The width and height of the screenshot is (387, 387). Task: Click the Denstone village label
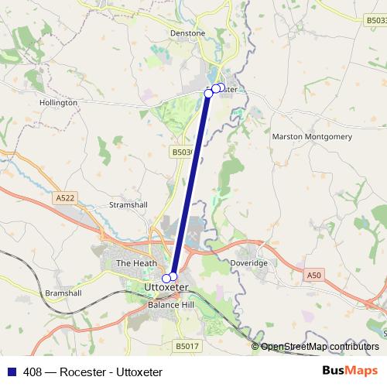[187, 34]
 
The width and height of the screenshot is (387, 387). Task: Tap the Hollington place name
[59, 102]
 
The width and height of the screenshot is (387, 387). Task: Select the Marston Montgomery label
[312, 136]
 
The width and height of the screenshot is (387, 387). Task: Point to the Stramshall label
[128, 205]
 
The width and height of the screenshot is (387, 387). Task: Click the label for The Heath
[130, 263]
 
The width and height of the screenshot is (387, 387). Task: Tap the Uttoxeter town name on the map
[166, 288]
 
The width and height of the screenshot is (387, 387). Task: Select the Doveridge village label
[249, 263]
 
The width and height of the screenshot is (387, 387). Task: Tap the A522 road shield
[65, 198]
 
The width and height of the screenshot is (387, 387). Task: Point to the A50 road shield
[313, 275]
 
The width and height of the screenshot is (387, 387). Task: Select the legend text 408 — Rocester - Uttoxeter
[93, 372]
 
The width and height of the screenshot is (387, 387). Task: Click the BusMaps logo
[350, 372]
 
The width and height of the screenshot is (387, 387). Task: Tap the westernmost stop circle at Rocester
[208, 93]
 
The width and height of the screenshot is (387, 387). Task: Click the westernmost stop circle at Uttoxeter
[166, 278]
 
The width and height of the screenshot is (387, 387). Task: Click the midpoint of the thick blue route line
[190, 184]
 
